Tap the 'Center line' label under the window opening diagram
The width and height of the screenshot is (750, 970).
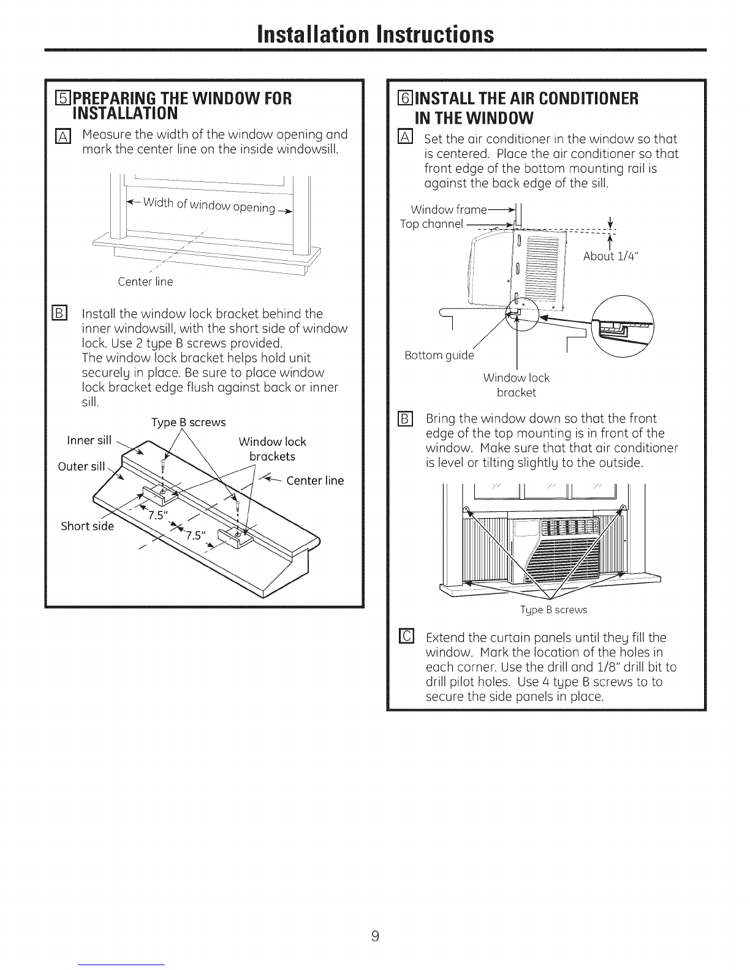click(145, 282)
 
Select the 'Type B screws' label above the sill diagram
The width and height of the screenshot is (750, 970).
click(188, 423)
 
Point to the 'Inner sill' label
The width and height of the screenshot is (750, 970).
click(88, 442)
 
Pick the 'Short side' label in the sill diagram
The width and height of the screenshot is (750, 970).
click(86, 527)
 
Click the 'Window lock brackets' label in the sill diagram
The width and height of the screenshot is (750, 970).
click(272, 449)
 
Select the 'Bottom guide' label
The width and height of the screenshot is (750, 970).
click(439, 356)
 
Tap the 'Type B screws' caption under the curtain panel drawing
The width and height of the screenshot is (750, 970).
click(553, 610)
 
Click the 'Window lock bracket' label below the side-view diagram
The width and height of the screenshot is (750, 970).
click(516, 385)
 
